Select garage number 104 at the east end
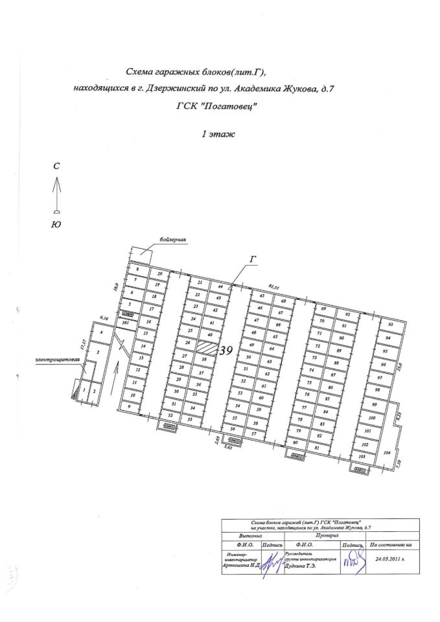388,453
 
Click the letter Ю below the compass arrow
56,224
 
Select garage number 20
159,274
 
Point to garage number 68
283,302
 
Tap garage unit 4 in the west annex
101,332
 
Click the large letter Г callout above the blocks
253,259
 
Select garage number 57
255,433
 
